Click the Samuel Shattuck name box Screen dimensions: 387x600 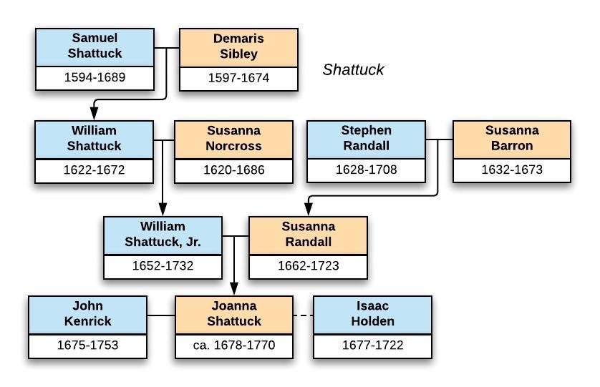pyautogui.click(x=95, y=46)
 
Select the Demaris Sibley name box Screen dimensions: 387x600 pyautogui.click(x=238, y=46)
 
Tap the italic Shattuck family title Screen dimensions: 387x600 pyautogui.click(x=353, y=70)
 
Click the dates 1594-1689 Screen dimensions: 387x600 pyautogui.click(x=95, y=77)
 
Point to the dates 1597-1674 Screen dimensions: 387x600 pyautogui.click(x=238, y=78)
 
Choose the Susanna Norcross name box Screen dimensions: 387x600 pyautogui.click(x=233, y=139)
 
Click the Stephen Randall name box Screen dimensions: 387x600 pyautogui.click(x=366, y=139)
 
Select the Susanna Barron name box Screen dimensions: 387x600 pyautogui.click(x=512, y=139)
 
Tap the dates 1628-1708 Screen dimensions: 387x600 pyautogui.click(x=366, y=170)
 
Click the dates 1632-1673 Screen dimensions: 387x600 pyautogui.click(x=512, y=170)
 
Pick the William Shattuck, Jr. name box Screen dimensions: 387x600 pyautogui.click(x=163, y=235)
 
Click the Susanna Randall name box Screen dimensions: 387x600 pyautogui.click(x=308, y=235)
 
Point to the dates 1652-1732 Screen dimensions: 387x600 pyautogui.click(x=163, y=266)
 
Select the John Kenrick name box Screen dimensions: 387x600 pyautogui.click(x=87, y=314)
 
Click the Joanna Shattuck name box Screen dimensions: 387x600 pyautogui.click(x=234, y=314)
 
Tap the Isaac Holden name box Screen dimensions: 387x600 pyautogui.click(x=372, y=314)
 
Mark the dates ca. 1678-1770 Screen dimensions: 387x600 pyautogui.click(x=234, y=346)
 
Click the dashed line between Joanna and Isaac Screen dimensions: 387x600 pyautogui.click(x=303, y=315)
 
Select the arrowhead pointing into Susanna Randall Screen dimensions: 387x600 pyautogui.click(x=308, y=210)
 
